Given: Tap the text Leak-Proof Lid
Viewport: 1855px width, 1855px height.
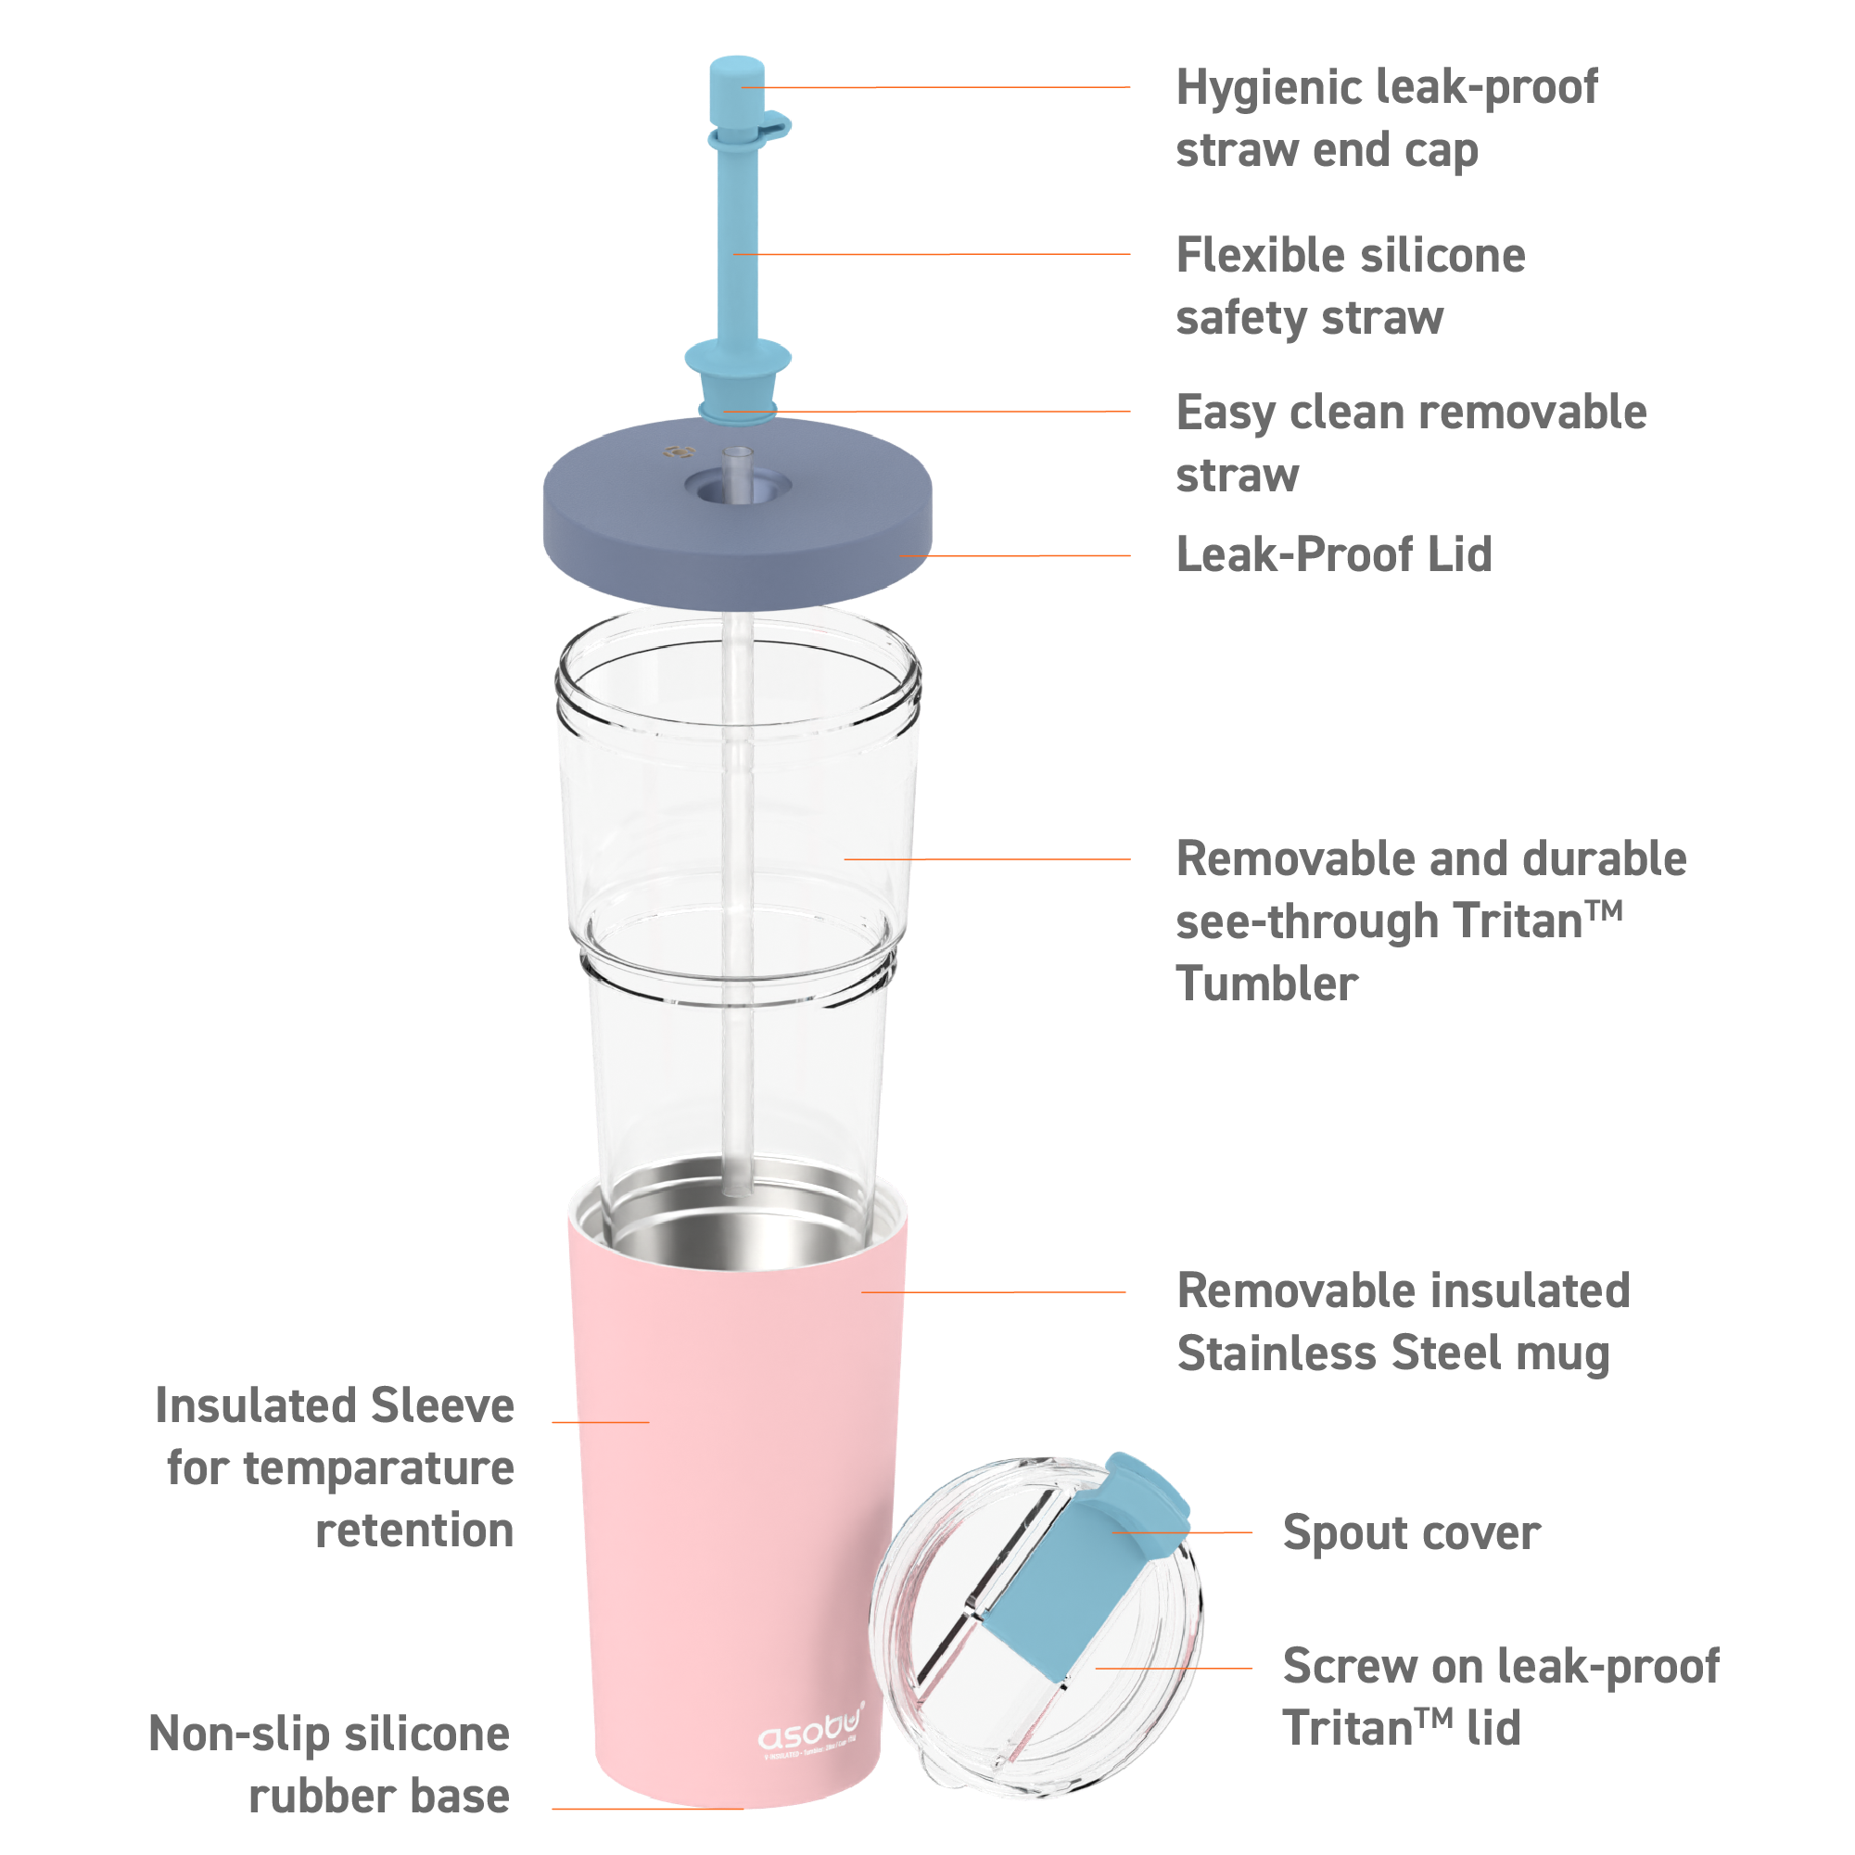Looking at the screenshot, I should [1334, 555].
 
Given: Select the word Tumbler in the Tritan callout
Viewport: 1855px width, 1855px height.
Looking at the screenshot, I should [1266, 985].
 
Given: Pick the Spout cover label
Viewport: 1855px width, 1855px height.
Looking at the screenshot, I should [1410, 1532].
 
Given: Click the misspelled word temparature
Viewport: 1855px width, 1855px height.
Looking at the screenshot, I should [378, 1469].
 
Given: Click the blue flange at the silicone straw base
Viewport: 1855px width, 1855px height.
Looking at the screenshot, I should [737, 358].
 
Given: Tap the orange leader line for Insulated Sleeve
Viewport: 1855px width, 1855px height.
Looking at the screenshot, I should [600, 1422].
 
